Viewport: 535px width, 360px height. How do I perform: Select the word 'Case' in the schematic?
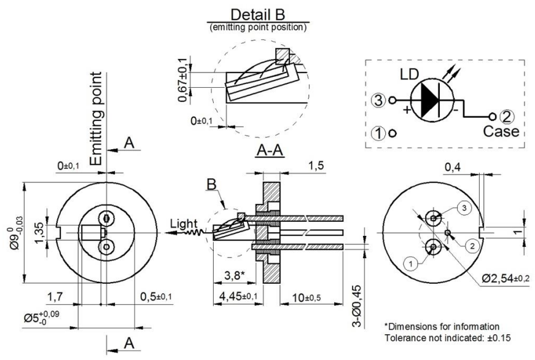tap(501, 131)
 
